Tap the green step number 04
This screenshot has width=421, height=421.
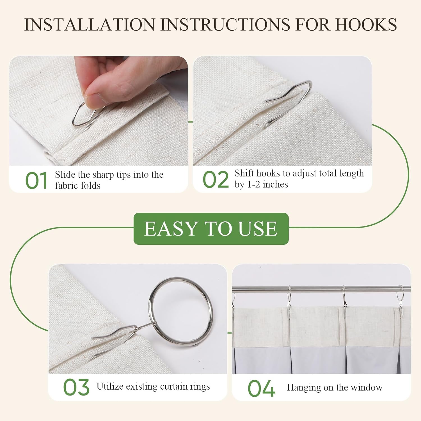[261, 388]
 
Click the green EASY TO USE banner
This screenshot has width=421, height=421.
[211, 228]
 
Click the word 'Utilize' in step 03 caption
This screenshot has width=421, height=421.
[110, 386]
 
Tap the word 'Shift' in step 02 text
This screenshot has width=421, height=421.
[244, 173]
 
